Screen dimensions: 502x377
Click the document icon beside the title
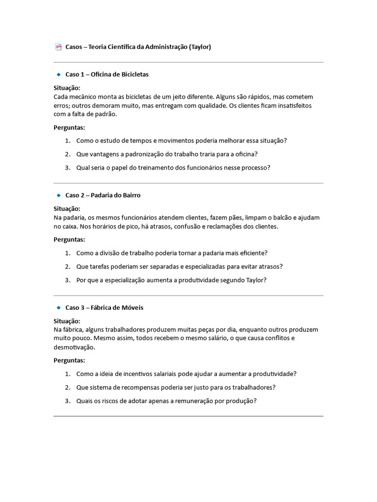click(58, 47)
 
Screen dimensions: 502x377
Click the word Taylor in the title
click(200, 47)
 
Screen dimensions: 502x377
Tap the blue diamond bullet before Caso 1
click(58, 75)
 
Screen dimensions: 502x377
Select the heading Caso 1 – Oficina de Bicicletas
click(107, 75)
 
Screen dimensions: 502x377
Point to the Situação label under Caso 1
click(67, 88)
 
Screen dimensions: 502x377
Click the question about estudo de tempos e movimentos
click(181, 140)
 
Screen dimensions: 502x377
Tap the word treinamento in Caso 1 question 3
click(159, 168)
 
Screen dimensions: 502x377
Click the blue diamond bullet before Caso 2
click(58, 195)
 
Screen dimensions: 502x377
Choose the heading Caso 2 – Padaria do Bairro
click(103, 195)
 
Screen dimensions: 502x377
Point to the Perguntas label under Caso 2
click(69, 240)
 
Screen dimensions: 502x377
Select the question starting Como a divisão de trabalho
click(172, 253)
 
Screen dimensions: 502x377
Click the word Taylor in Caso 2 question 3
click(255, 280)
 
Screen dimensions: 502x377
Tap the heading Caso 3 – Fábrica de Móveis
click(104, 308)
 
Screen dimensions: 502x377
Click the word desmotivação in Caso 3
click(74, 347)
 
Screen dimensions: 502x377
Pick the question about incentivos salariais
click(186, 374)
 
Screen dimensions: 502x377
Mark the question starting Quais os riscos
click(166, 401)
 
